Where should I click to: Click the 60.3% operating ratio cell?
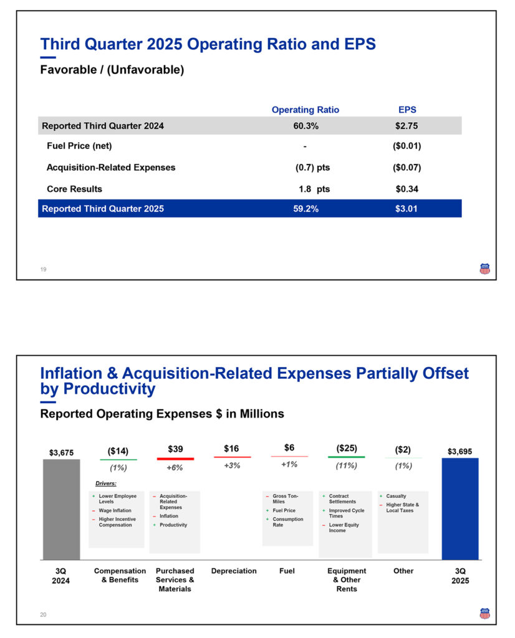tap(306, 126)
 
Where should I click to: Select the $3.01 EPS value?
tap(407, 209)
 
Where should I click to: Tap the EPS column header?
tap(407, 110)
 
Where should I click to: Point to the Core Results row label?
tap(74, 189)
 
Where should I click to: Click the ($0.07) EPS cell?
tap(407, 168)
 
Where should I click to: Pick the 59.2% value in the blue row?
tap(306, 209)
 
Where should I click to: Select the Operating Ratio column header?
tap(306, 110)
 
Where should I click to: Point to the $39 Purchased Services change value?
tap(175, 449)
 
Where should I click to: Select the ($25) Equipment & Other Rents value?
tap(347, 449)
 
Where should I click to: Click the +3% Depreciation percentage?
tap(232, 465)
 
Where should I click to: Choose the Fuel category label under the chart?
tap(287, 571)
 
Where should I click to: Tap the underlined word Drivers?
tap(106, 483)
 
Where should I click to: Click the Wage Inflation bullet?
tap(115, 511)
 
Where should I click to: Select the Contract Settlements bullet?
tap(342, 499)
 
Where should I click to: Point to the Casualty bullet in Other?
tap(396, 497)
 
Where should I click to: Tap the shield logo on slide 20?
tap(484, 614)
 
